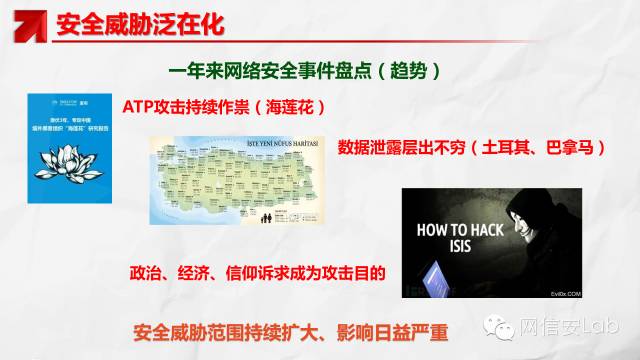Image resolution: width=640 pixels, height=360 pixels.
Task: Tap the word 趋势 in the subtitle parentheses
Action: coord(411,72)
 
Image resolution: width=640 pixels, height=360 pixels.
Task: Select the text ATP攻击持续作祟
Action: coord(185,106)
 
